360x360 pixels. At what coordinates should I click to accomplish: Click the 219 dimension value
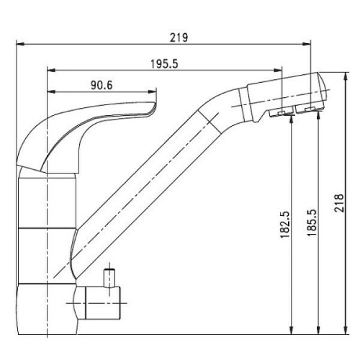tap(179, 37)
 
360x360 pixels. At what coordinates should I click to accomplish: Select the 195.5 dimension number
tap(164, 64)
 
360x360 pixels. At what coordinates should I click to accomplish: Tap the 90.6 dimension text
tap(102, 85)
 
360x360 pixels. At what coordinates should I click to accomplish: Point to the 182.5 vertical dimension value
tap(285, 225)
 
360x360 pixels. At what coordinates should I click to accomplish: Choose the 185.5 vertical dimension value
tap(312, 222)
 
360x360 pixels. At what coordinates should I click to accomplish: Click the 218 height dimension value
tap(339, 203)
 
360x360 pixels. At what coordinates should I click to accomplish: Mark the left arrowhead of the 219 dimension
tap(20, 44)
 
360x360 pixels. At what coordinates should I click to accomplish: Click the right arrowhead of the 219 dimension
tap(307, 44)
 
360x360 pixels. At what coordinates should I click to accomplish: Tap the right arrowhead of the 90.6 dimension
tap(153, 91)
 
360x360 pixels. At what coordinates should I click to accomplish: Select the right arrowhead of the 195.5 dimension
tap(278, 71)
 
